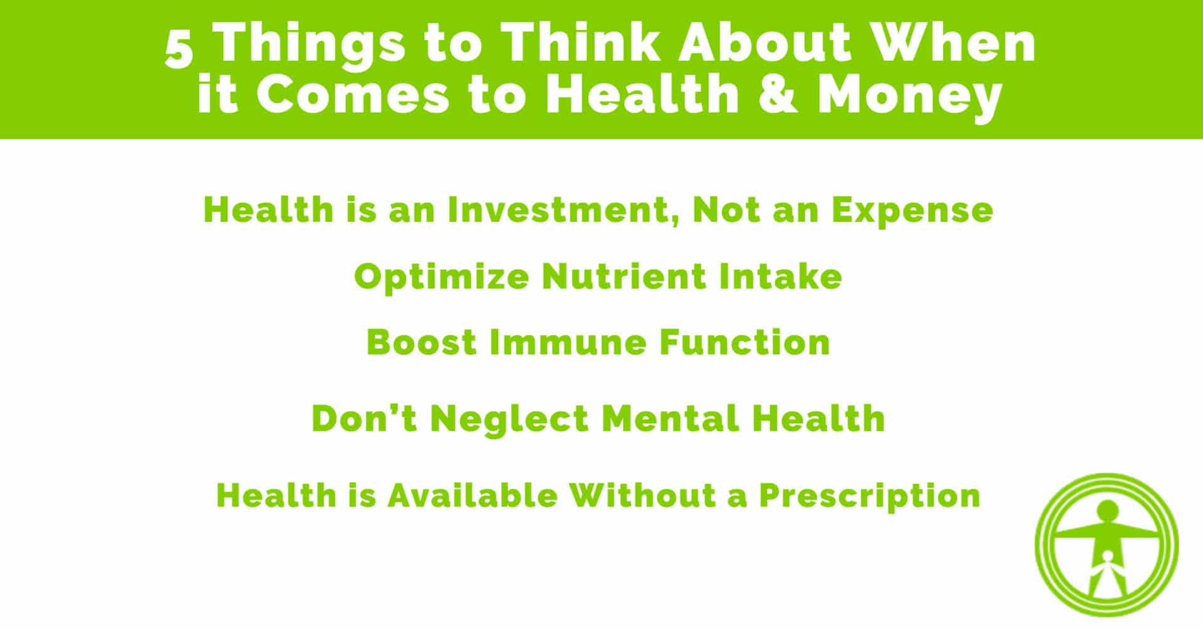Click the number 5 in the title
point(179,50)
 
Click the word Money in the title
point(910,99)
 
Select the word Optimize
point(442,278)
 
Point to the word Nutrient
point(624,276)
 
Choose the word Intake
point(781,276)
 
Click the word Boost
point(422,342)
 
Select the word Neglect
point(509,419)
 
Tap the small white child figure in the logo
point(1108,572)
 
